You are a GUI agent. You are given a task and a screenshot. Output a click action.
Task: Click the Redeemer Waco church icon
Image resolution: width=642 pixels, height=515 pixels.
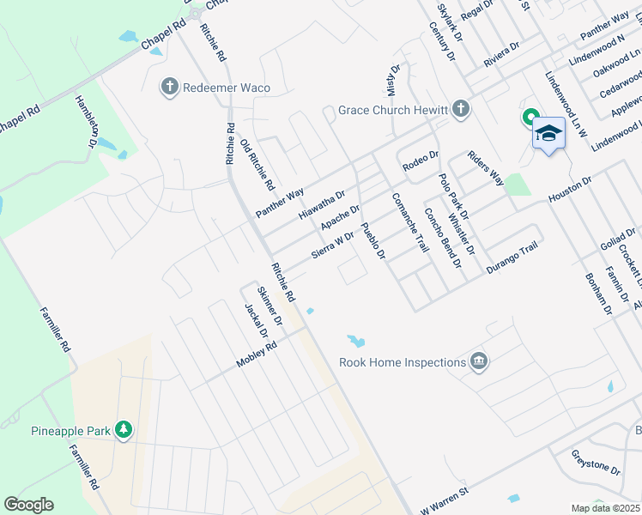(x=169, y=87)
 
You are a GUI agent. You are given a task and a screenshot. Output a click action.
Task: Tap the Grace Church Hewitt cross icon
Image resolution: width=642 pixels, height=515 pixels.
(x=462, y=109)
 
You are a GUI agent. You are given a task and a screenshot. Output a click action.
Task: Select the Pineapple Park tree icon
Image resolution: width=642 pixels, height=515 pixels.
(x=124, y=431)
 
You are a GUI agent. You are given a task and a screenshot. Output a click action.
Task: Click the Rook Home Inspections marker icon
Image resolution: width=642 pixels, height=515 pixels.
(x=479, y=362)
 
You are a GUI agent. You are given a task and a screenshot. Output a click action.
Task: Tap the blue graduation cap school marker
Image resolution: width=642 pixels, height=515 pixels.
(x=548, y=133)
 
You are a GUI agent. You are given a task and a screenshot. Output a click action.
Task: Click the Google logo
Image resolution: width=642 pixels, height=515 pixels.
(x=28, y=505)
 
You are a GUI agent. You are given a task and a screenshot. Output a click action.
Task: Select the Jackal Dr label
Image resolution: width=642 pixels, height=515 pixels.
(x=251, y=322)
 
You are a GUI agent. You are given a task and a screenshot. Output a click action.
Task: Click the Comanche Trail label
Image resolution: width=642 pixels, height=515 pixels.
(x=409, y=222)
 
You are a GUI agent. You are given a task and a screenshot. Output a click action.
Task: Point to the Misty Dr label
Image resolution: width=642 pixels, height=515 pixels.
(x=392, y=82)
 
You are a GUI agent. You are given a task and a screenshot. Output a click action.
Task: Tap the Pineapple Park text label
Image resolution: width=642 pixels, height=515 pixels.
(x=71, y=431)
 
